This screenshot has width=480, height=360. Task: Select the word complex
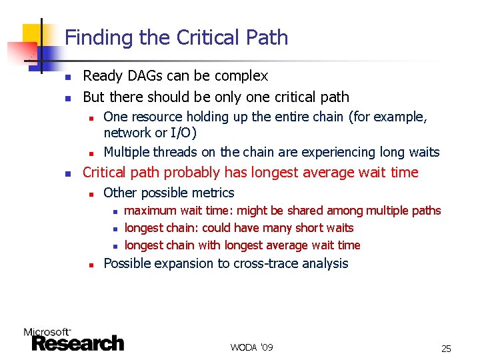[x=241, y=76]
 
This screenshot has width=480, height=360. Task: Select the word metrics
[x=213, y=193]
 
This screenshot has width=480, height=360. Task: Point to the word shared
[x=303, y=211]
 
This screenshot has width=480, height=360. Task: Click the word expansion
[x=182, y=263]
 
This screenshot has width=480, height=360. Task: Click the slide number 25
[x=446, y=349]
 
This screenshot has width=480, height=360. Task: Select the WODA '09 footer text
[x=251, y=348]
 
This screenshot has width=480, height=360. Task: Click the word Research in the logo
[x=78, y=343]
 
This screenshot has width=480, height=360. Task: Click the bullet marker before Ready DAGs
[x=67, y=77]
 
